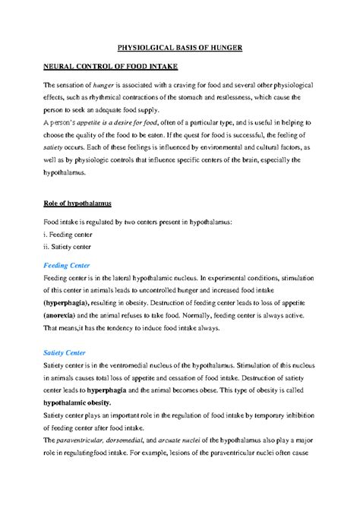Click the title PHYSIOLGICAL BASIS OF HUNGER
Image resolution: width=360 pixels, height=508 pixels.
[181, 48]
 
